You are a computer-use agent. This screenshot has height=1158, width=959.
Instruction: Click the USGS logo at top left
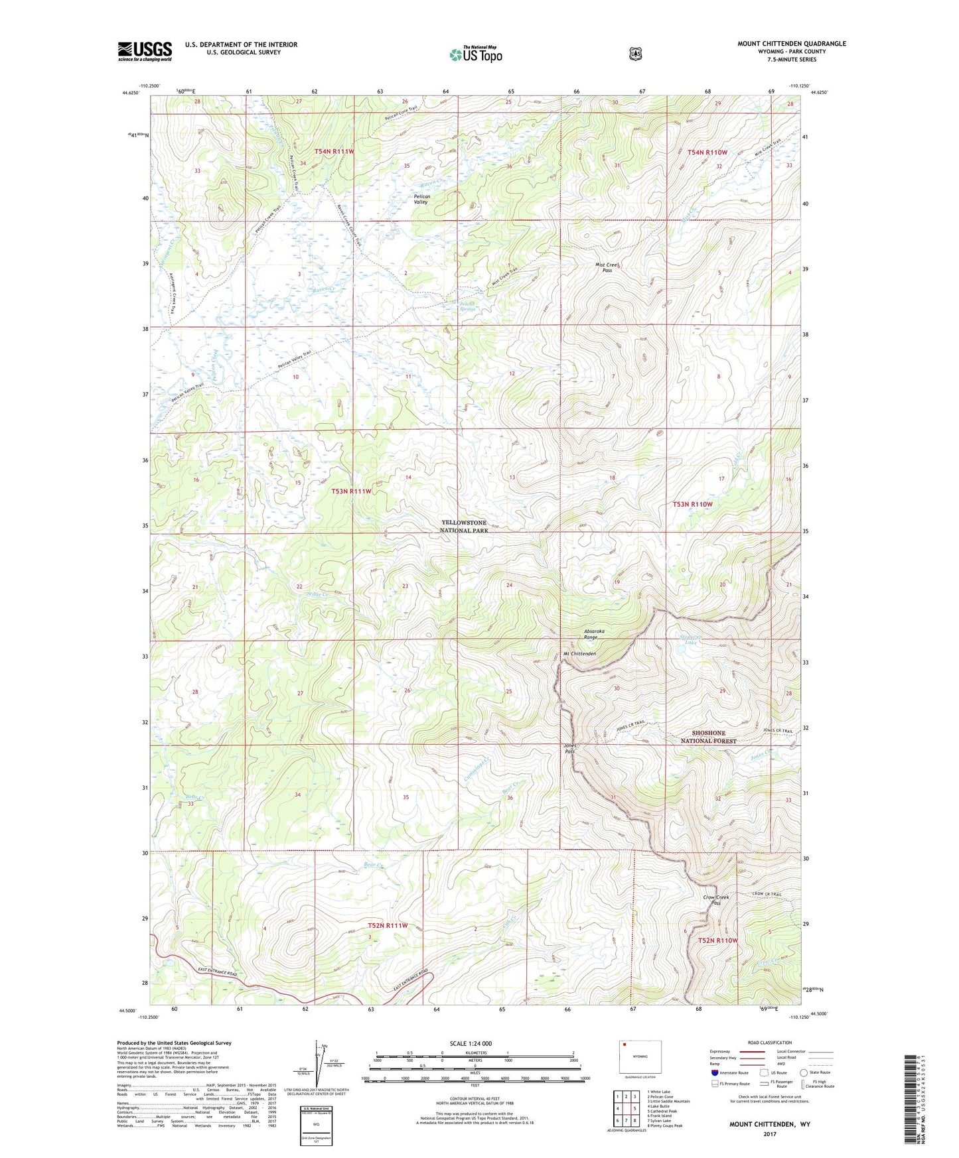tap(145, 51)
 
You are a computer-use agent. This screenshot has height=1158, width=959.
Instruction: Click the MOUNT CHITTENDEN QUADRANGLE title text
tap(791, 44)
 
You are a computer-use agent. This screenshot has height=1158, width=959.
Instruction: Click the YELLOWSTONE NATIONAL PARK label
tap(464, 527)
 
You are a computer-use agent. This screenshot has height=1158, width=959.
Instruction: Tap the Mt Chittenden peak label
tap(579, 654)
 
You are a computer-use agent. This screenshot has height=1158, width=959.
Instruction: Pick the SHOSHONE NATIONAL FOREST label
tap(709, 737)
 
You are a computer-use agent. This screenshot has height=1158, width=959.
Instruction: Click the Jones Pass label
tap(569, 749)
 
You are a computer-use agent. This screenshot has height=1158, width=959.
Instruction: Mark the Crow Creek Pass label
tap(716, 900)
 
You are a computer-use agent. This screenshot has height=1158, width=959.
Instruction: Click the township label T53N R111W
tap(351, 491)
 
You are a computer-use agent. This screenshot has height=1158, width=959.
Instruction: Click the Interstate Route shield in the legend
tap(714, 1072)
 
